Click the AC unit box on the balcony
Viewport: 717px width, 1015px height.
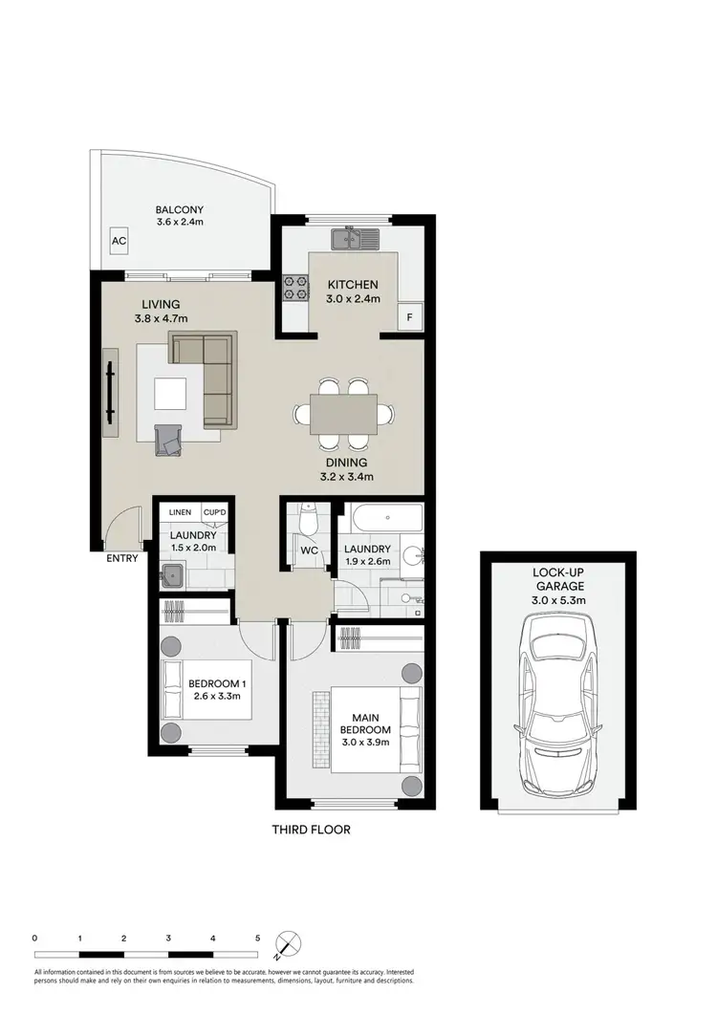[119, 242]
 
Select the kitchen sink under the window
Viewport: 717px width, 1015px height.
[355, 238]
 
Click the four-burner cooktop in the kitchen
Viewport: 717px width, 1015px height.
[293, 289]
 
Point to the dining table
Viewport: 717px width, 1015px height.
[344, 414]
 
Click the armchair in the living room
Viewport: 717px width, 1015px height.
[173, 441]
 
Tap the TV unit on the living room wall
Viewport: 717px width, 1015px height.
[111, 392]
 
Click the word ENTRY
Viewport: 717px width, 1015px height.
[122, 559]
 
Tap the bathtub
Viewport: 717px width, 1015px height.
[384, 519]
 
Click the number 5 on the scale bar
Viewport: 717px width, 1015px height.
[257, 939]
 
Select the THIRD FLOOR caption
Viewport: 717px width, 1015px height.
[311, 830]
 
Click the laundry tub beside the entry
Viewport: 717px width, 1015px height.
[173, 575]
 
